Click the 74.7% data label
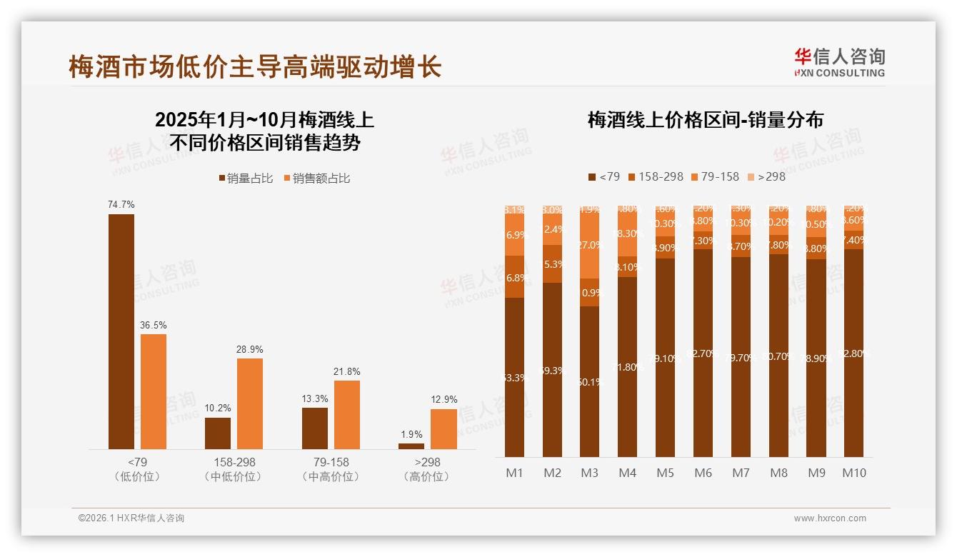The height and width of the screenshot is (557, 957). pyautogui.click(x=121, y=205)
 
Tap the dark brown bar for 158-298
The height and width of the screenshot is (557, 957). pyautogui.click(x=218, y=433)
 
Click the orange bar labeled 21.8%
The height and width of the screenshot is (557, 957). pyautogui.click(x=347, y=415)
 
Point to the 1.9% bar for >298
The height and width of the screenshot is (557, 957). pyautogui.click(x=411, y=446)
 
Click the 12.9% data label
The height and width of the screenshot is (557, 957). pyautogui.click(x=444, y=399)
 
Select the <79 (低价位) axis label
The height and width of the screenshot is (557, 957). pyautogui.click(x=136, y=469)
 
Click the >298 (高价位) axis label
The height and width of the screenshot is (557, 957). pyautogui.click(x=427, y=469)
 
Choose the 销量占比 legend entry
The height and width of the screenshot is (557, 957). pyautogui.click(x=245, y=179)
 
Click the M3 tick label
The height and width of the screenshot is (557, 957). pyautogui.click(x=589, y=473)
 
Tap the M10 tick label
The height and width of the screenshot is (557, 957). pyautogui.click(x=853, y=473)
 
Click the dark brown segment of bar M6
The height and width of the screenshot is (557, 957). pyautogui.click(x=703, y=353)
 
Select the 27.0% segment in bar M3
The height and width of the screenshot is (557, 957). pyautogui.click(x=589, y=245)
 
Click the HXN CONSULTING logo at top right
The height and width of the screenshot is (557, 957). pyautogui.click(x=839, y=63)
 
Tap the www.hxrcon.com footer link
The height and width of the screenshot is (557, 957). pyautogui.click(x=829, y=518)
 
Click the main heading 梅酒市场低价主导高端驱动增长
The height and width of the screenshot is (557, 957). pyautogui.click(x=255, y=67)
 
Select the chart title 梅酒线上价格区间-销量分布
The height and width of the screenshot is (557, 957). pyautogui.click(x=705, y=120)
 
